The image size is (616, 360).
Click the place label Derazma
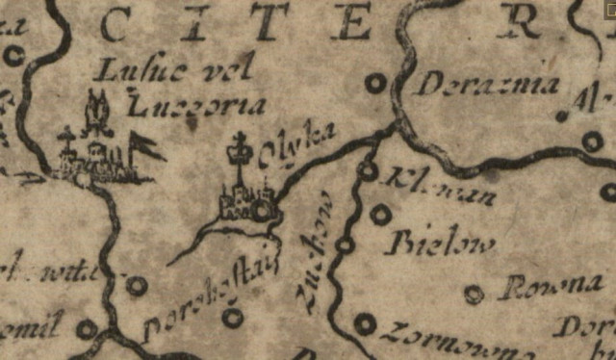[487, 86]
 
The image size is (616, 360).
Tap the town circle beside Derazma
[375, 84]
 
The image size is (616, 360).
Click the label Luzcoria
[184, 105]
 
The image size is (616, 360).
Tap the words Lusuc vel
[179, 69]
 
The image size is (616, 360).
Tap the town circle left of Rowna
[473, 294]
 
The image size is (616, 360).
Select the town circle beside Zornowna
[364, 324]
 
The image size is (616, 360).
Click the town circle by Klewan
[367, 170]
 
